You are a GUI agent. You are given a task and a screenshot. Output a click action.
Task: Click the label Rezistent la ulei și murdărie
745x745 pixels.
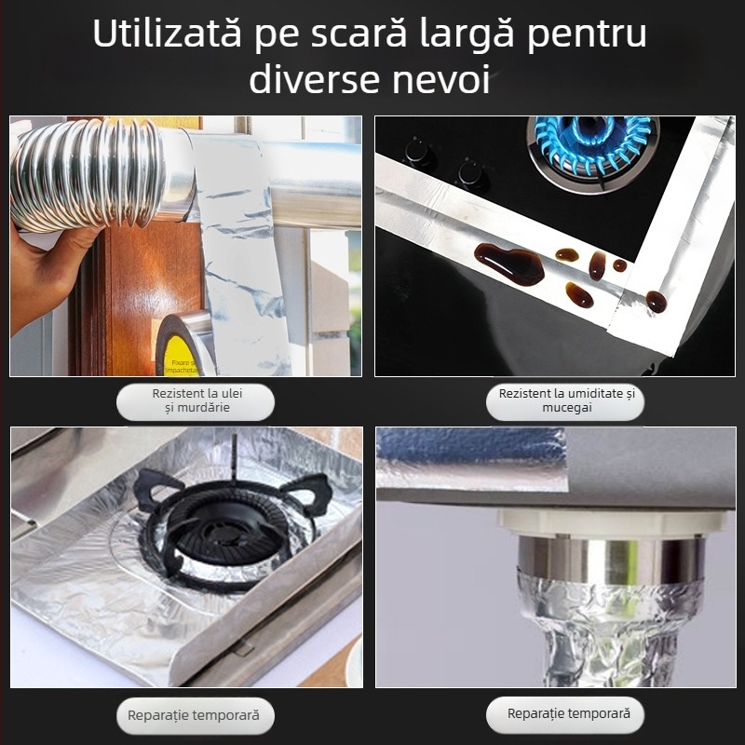pos(196,400)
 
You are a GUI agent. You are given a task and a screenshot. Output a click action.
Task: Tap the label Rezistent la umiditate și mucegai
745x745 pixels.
pos(564,401)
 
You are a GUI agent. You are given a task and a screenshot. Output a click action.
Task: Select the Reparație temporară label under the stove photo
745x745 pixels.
pos(196,716)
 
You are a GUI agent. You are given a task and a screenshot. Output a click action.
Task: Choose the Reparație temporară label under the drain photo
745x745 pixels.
pos(568,714)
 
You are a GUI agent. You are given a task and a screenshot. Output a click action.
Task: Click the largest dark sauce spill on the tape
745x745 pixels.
pos(508,264)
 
